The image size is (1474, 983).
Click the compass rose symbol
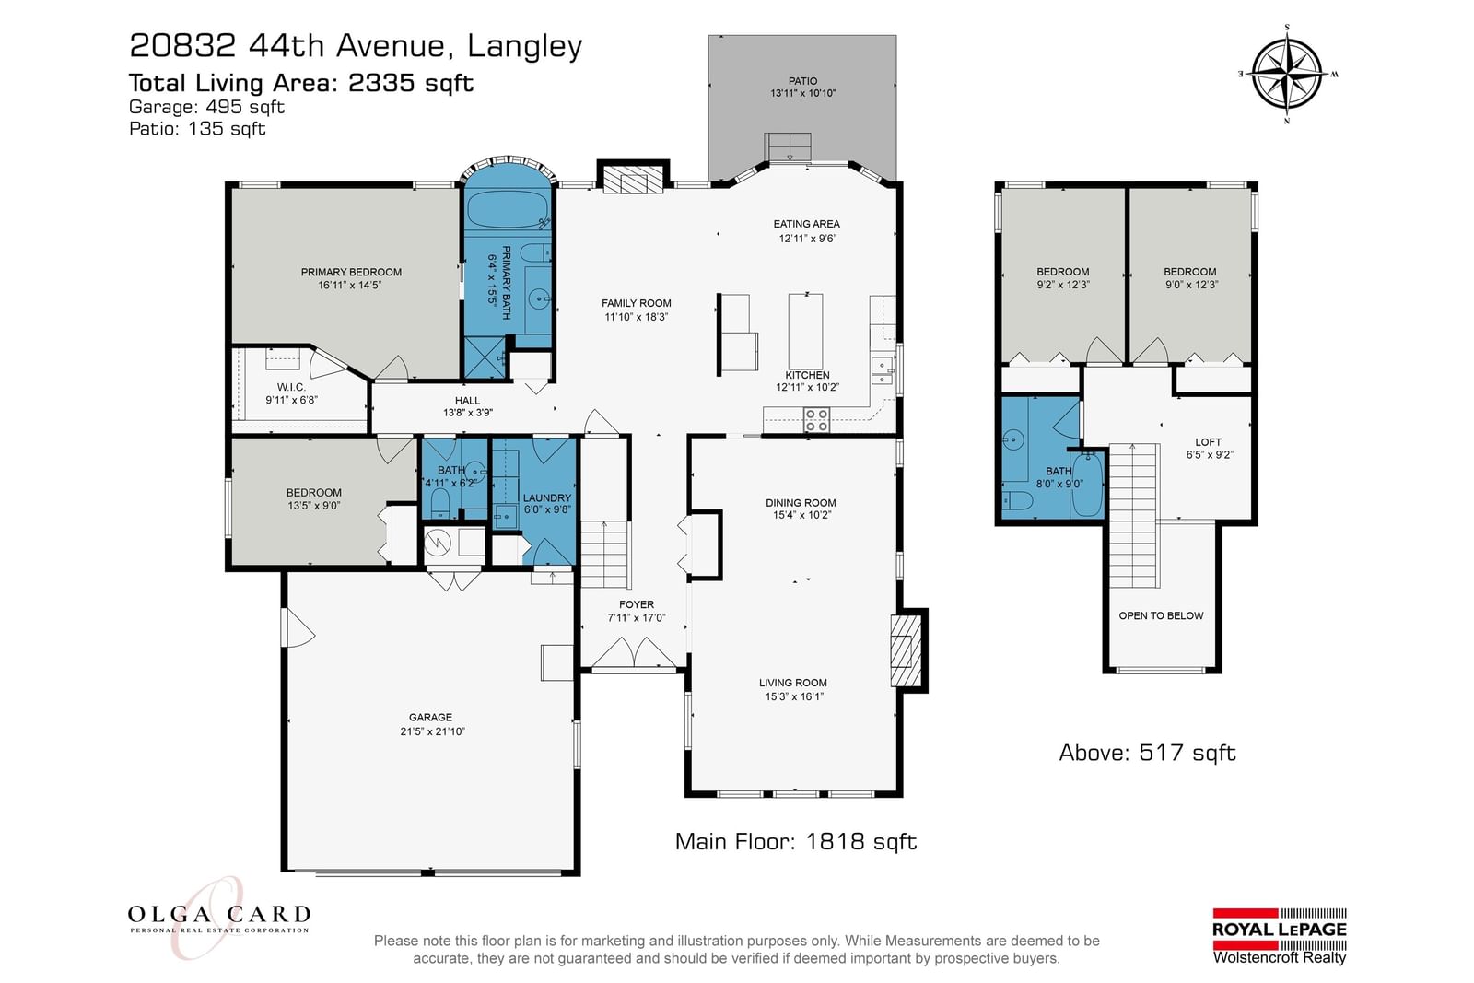coord(1286,74)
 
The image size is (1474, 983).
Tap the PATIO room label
coord(802,81)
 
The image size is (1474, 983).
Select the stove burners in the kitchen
coord(816,420)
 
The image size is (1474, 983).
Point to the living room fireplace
coord(906,650)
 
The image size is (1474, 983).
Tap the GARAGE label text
coord(430,717)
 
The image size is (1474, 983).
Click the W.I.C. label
coord(291,387)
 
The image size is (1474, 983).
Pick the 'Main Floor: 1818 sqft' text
coord(796,841)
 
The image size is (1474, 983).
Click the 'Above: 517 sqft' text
coord(1147,753)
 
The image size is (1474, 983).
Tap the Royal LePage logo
coord(1280,937)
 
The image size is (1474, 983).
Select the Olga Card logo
coord(218,918)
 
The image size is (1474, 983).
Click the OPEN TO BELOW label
coord(1161,615)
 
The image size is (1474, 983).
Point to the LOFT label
coord(1208,442)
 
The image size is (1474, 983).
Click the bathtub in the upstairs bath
coord(1087,485)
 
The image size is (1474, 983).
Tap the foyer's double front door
coord(634,652)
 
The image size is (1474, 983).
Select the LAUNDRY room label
coord(547,498)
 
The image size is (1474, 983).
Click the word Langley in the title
coord(524,47)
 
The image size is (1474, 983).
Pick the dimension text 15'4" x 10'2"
coord(801,515)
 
